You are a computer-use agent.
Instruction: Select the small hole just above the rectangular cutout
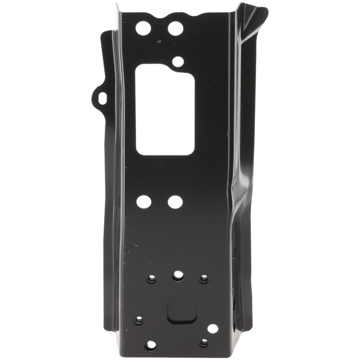point(178,62)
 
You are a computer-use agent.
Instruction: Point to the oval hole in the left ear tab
point(102,96)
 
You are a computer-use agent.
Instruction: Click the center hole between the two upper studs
point(178,276)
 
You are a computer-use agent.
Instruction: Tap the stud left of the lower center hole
point(152,278)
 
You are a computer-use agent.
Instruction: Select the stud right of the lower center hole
point(204,278)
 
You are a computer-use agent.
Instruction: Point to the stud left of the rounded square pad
point(138,320)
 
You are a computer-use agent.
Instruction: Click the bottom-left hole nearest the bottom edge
point(150,344)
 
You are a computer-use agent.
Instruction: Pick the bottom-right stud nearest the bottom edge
point(204,342)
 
